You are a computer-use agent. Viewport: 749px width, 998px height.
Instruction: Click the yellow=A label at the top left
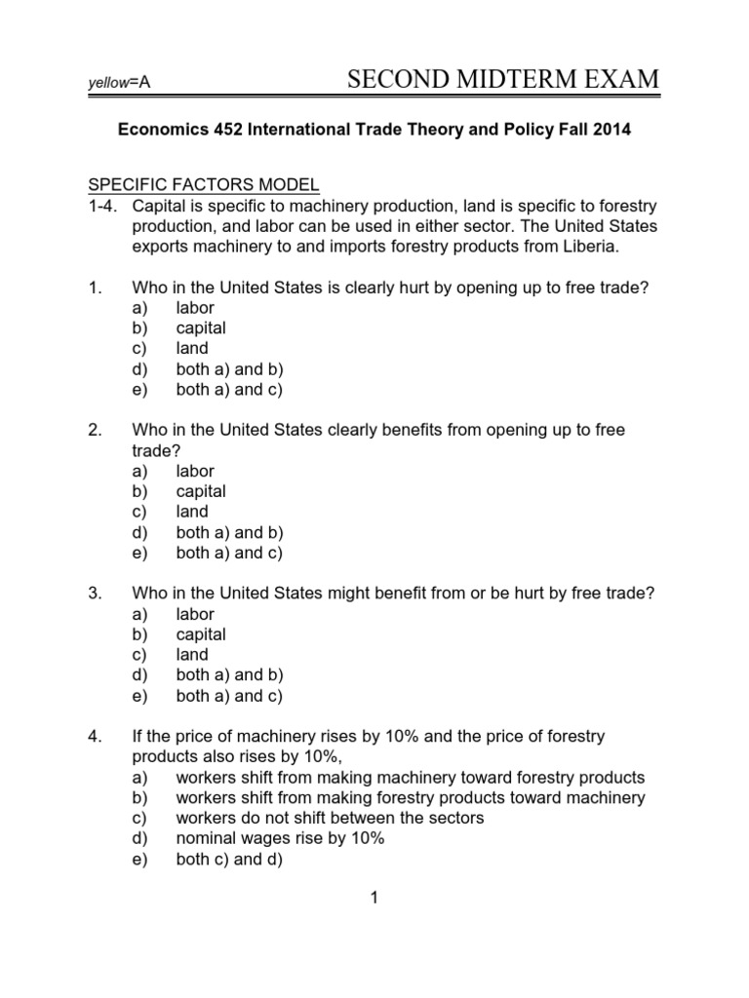tap(118, 84)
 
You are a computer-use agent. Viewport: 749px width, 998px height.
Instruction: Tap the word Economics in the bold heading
tap(160, 130)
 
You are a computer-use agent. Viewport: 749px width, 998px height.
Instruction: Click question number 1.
tap(95, 288)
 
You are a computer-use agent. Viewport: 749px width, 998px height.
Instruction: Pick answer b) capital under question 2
tap(201, 491)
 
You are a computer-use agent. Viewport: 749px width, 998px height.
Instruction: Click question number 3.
tap(95, 594)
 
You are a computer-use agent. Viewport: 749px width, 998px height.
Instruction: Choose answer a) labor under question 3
tap(195, 614)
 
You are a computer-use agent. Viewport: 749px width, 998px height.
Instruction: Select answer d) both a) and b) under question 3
tap(229, 675)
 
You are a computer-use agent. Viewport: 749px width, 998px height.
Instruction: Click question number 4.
tap(95, 737)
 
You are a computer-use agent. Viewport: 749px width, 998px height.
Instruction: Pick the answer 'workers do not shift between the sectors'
tap(330, 819)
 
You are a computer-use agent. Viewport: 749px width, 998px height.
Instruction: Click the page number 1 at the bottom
tap(374, 900)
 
